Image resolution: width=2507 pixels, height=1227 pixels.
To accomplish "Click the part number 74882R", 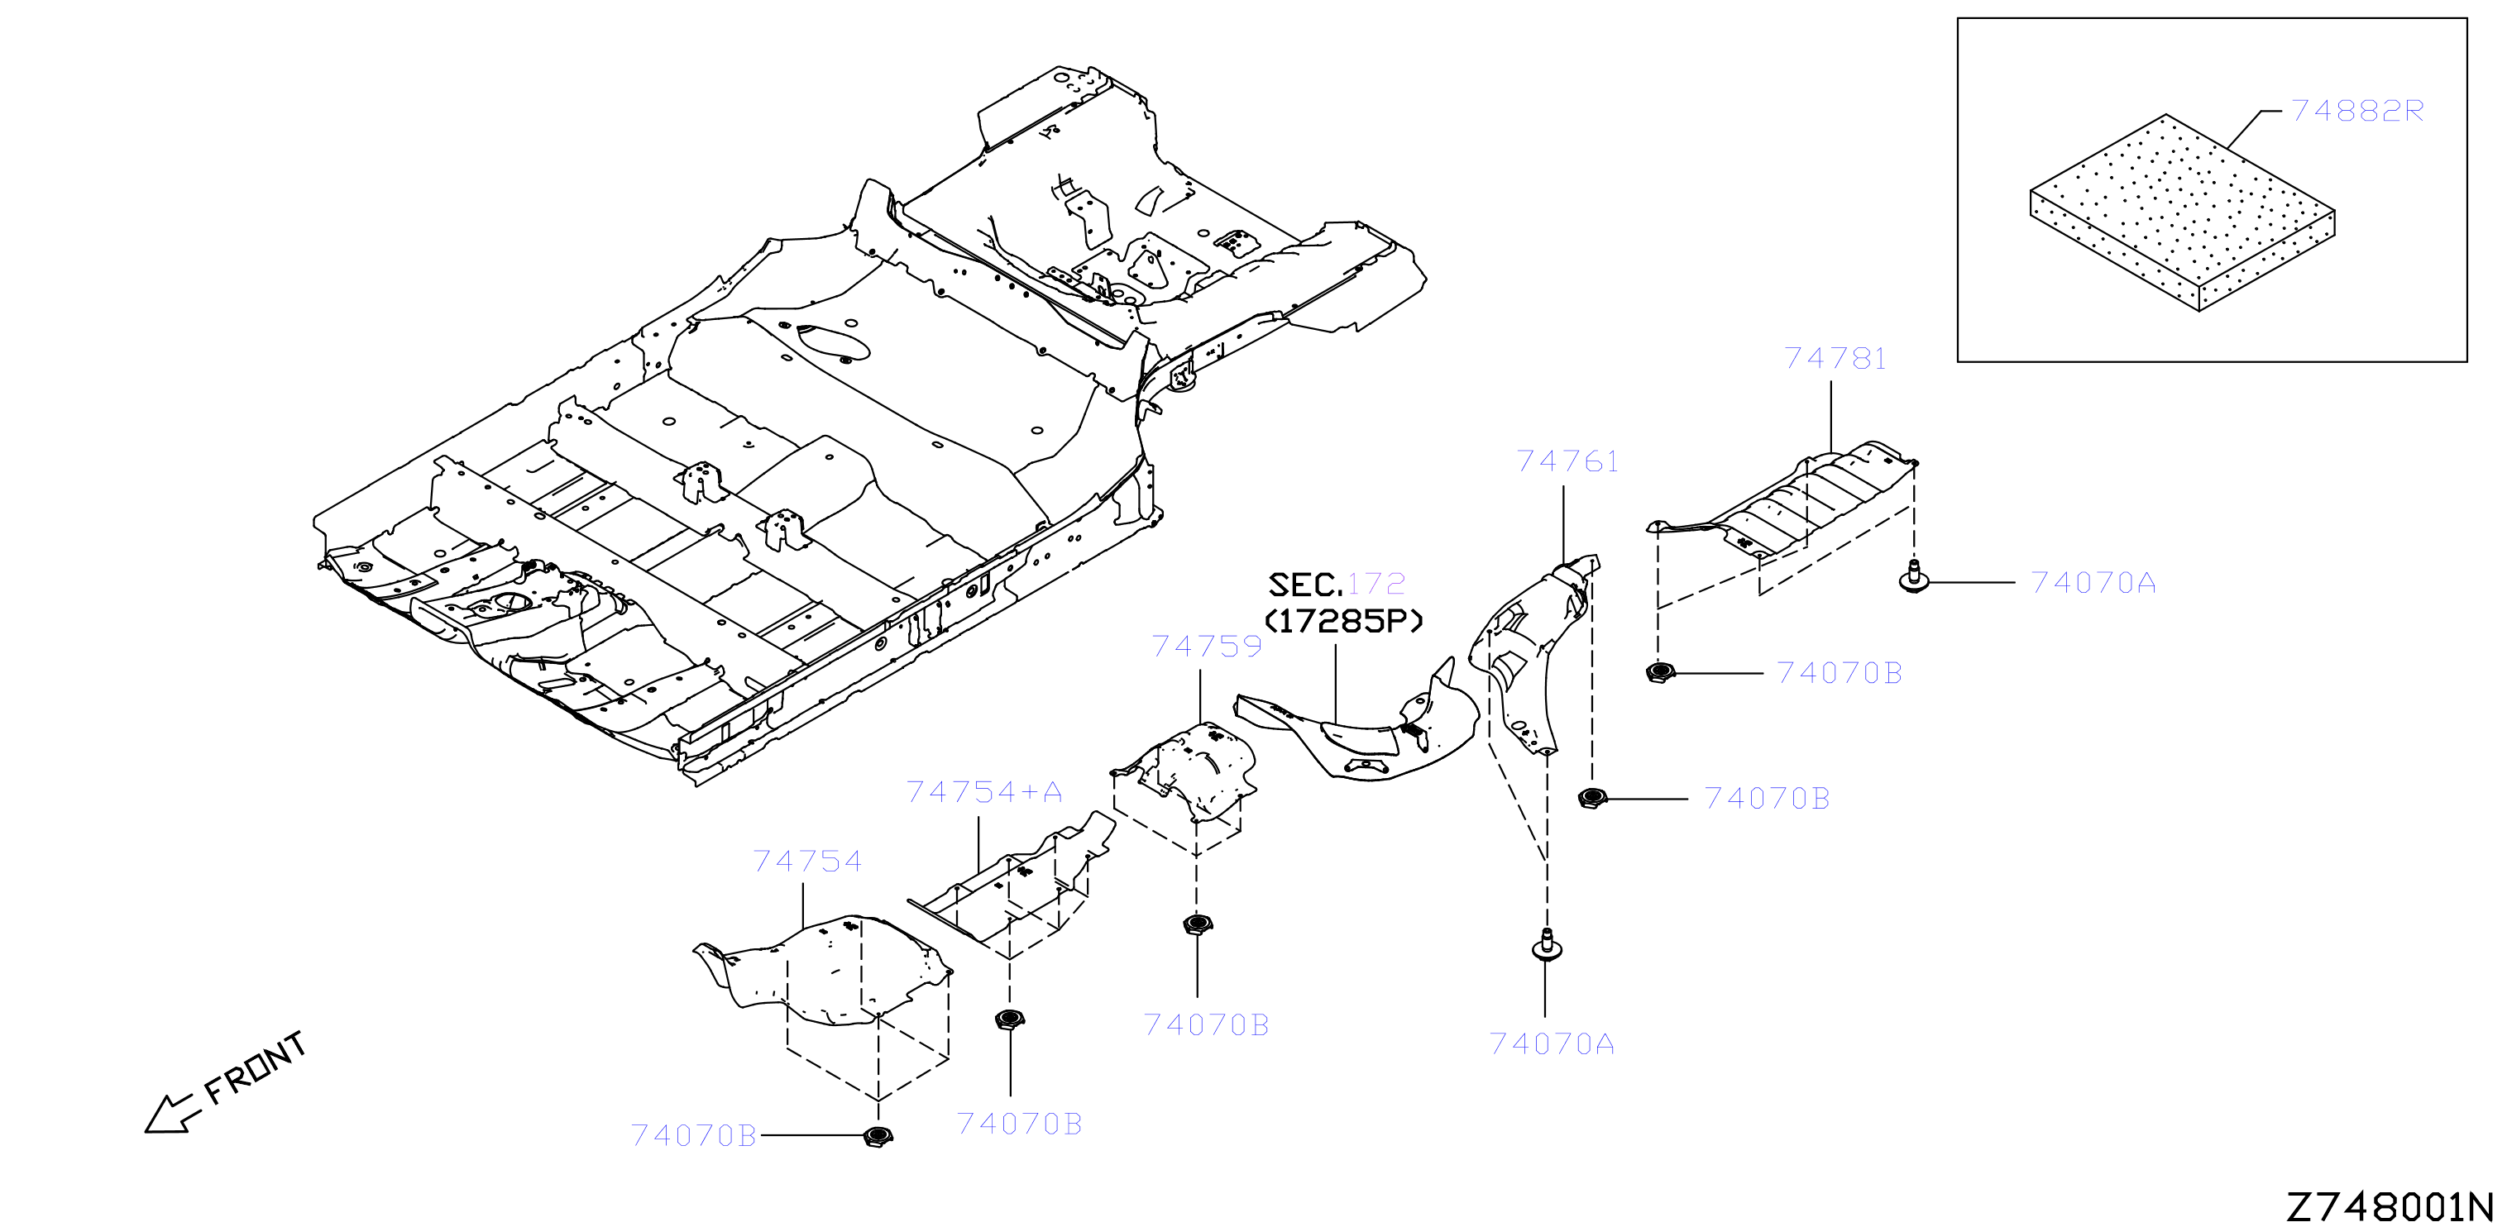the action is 2356,111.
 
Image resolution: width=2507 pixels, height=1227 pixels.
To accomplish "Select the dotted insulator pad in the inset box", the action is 2182,212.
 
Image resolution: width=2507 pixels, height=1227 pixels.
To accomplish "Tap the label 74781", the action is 1835,359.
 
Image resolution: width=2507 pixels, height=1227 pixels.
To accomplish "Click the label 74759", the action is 1207,646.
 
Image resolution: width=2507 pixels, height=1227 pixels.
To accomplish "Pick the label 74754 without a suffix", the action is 808,862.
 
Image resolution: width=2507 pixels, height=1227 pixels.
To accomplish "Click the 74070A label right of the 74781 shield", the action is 2093,583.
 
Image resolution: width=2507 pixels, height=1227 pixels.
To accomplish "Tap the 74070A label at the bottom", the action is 1553,1044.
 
